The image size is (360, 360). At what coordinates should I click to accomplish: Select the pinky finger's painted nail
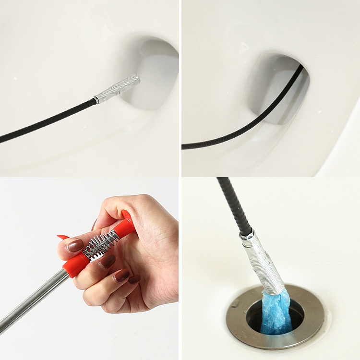tap(134, 279)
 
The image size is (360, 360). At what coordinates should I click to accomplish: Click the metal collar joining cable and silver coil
tap(246, 234)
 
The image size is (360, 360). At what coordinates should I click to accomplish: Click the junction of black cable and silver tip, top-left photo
tap(96, 100)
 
